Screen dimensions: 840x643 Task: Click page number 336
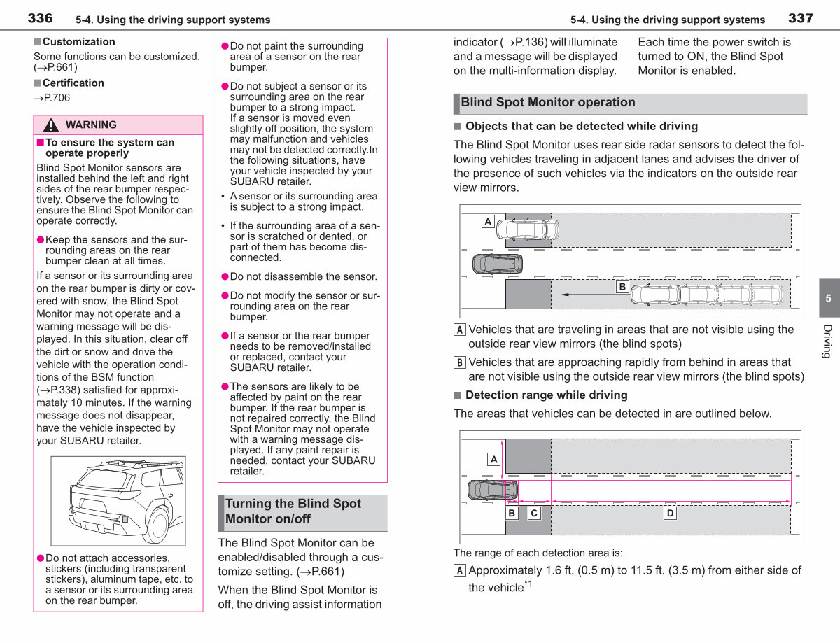[40, 18]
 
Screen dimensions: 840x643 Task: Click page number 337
[801, 18]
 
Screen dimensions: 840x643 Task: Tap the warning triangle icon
[51, 125]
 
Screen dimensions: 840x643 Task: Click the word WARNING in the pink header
[91, 125]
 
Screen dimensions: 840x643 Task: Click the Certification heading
[73, 83]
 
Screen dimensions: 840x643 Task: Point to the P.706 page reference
[52, 98]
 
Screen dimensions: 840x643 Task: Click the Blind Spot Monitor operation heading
[548, 102]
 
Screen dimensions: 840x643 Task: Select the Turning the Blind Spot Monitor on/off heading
[293, 511]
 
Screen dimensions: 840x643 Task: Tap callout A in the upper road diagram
[488, 222]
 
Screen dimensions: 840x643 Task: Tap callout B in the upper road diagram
[622, 287]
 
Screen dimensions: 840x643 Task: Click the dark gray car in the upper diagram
[498, 264]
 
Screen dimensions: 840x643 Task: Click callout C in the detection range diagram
[534, 514]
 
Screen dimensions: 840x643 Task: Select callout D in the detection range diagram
[670, 514]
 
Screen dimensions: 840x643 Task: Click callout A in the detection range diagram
[493, 460]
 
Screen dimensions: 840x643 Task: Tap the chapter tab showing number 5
[829, 298]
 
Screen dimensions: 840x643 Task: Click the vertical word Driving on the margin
[827, 341]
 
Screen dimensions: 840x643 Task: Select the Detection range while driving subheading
[546, 395]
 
